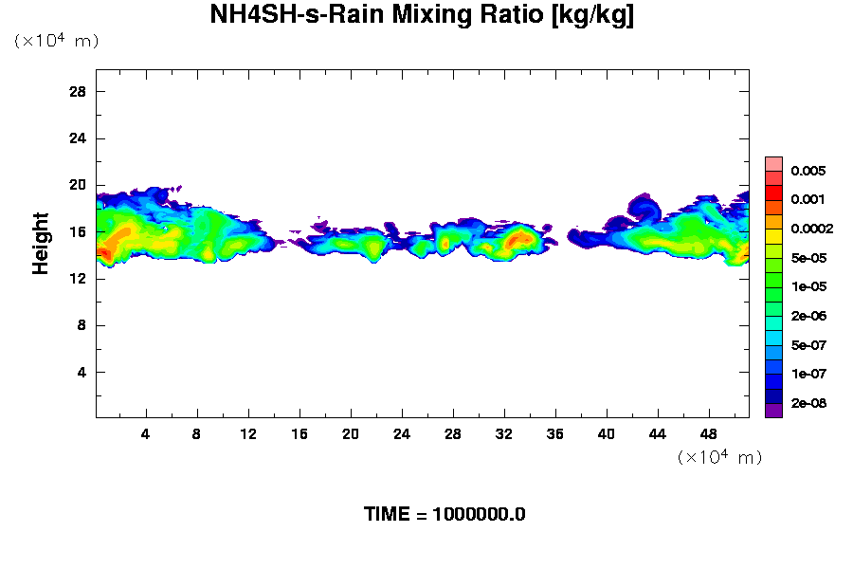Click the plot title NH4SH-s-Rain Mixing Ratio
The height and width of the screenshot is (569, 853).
click(422, 15)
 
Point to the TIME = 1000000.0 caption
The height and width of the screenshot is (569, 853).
click(445, 515)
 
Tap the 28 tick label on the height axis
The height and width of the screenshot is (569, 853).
click(78, 92)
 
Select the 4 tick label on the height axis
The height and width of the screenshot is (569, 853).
click(82, 372)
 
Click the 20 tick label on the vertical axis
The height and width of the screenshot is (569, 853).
click(78, 185)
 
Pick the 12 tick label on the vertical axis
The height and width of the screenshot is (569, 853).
click(78, 278)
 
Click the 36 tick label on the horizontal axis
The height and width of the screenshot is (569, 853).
click(555, 433)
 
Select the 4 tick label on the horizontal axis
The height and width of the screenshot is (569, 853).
click(146, 433)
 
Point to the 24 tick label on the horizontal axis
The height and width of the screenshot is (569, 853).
click(402, 433)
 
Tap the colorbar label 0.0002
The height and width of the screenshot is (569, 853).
click(813, 229)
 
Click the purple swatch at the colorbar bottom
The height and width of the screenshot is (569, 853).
click(773, 410)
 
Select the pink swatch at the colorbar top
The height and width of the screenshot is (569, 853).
click(773, 163)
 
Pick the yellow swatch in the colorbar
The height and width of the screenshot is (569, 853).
click(773, 235)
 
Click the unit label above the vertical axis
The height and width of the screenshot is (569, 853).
click(56, 41)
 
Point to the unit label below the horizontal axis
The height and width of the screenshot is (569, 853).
click(719, 457)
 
